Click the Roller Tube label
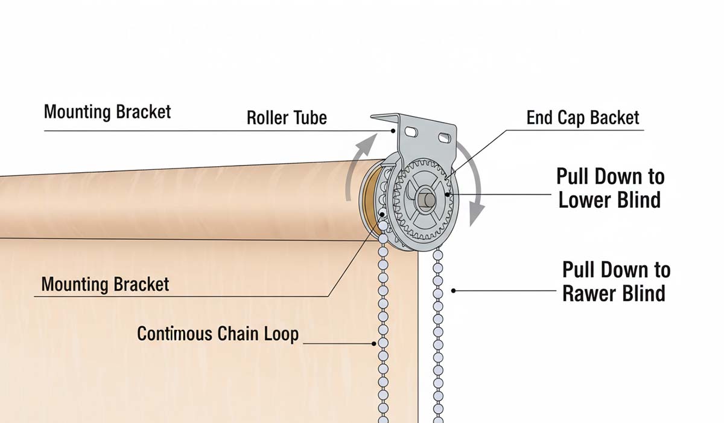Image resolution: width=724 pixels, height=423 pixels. [x=287, y=117]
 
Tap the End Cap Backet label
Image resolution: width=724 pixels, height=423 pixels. [x=582, y=117]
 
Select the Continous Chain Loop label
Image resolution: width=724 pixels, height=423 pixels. [x=218, y=334]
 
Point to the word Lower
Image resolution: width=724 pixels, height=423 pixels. [x=583, y=200]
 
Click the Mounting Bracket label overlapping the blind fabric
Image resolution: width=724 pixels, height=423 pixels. [x=106, y=284]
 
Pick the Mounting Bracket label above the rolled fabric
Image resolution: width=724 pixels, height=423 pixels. [x=107, y=112]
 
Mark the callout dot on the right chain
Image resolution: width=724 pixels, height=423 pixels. [x=454, y=291]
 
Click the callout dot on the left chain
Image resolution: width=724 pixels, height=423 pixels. [x=374, y=343]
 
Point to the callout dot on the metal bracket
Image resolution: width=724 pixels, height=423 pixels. [x=393, y=130]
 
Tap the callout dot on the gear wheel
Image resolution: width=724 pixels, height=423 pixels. [x=446, y=195]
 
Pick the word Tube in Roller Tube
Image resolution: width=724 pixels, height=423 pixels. [x=310, y=117]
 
